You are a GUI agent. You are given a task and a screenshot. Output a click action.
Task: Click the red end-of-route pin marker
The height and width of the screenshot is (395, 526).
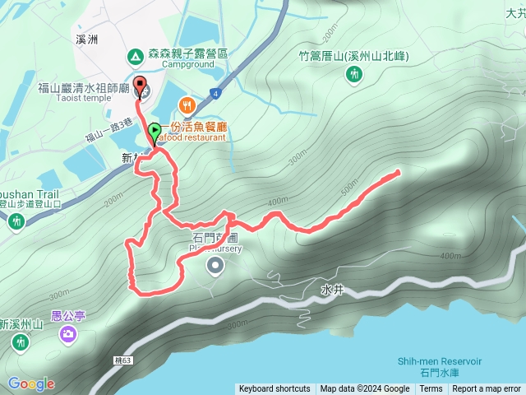click(139, 85)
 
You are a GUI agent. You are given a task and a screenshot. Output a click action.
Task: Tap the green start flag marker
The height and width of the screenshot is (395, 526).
click(155, 131)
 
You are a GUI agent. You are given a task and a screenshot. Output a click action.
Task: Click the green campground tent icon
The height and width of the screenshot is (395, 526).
click(134, 57)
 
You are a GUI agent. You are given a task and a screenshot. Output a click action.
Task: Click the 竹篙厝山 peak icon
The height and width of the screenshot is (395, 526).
click(354, 75)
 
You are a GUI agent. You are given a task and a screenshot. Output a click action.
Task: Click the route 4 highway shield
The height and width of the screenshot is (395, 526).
click(215, 93)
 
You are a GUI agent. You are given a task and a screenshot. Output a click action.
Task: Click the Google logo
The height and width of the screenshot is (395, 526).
click(31, 383)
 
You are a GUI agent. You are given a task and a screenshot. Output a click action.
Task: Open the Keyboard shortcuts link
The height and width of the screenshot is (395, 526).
click(275, 389)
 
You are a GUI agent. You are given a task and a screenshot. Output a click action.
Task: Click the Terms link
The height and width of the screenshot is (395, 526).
click(431, 389)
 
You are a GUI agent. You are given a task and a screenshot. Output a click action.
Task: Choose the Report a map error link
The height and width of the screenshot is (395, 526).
click(487, 389)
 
